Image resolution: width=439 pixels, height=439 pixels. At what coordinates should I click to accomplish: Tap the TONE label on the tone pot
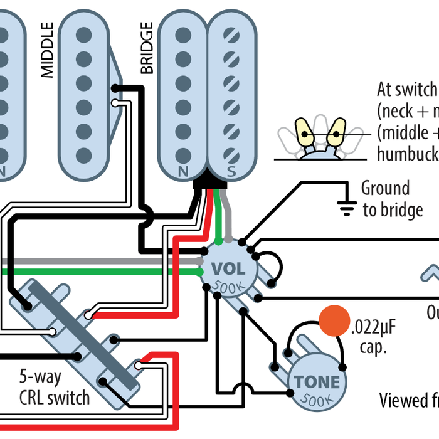pyautogui.click(x=317, y=382)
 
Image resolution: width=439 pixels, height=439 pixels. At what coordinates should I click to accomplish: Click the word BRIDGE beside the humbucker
pyautogui.click(x=147, y=48)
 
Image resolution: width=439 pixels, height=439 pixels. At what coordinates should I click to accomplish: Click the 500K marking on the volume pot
pyautogui.click(x=228, y=287)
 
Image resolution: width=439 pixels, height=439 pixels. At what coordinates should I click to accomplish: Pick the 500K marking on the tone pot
pyautogui.click(x=317, y=399)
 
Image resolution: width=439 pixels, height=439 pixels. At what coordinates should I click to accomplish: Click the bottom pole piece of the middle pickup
pyautogui.click(x=83, y=153)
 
